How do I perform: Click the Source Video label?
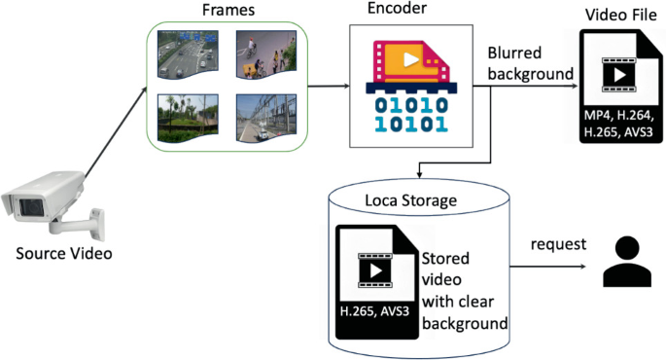click(63, 254)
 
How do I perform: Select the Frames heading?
click(228, 11)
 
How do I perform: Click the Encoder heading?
click(397, 11)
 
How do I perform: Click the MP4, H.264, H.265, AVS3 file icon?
click(619, 88)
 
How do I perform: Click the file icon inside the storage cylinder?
click(374, 281)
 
